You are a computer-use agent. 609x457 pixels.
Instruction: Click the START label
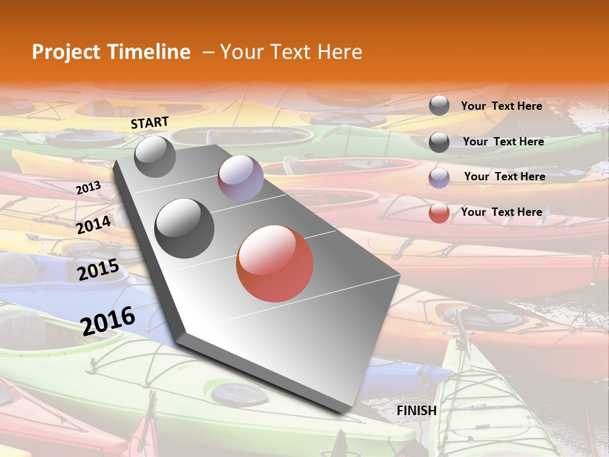(x=150, y=123)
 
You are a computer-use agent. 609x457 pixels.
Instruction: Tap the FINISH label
(x=417, y=411)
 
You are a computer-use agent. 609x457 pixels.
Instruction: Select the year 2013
(x=88, y=188)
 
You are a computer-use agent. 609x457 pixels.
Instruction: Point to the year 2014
(x=94, y=225)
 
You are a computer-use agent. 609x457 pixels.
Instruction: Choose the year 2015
(x=98, y=270)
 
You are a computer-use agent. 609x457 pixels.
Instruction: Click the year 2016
(x=108, y=321)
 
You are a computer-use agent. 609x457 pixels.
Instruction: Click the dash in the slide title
(x=207, y=52)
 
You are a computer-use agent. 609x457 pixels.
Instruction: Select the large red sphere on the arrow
(x=275, y=263)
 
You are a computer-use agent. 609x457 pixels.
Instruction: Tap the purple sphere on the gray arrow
(x=240, y=178)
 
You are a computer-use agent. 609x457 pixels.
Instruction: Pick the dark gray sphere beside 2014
(x=185, y=228)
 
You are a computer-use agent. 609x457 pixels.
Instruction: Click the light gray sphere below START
(x=155, y=157)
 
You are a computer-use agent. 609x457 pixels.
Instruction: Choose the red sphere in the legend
(x=439, y=213)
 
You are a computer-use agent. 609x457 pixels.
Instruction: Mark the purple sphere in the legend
(x=439, y=178)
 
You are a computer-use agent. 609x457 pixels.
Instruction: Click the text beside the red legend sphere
(x=501, y=212)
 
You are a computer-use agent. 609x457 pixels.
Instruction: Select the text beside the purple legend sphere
(x=504, y=176)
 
